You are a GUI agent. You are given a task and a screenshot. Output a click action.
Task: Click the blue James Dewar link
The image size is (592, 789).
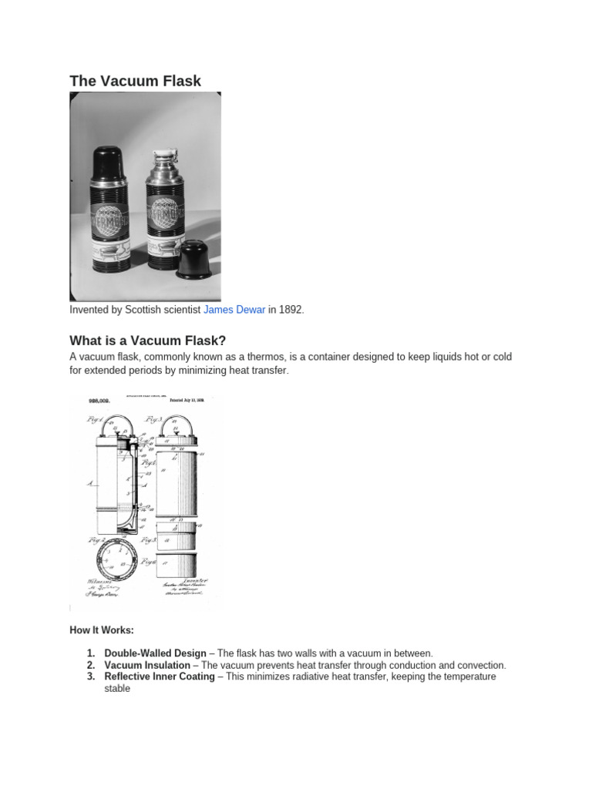234,310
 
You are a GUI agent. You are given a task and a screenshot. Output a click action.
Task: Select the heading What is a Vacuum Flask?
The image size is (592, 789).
147,341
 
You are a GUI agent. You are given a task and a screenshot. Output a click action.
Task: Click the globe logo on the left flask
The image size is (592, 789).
109,217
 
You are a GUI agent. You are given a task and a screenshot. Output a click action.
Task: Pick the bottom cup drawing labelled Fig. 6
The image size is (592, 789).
177,563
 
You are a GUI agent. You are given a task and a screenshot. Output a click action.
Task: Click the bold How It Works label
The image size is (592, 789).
102,631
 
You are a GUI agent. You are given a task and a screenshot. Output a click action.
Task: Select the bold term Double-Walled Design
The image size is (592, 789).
155,653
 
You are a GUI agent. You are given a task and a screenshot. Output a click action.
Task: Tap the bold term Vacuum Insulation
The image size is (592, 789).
146,665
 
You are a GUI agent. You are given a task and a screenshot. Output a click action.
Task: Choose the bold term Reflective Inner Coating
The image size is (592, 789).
159,677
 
